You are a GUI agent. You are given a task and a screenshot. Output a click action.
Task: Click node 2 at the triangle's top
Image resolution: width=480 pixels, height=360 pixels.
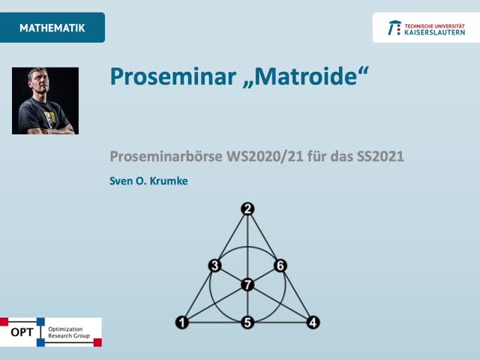pyautogui.click(x=248, y=209)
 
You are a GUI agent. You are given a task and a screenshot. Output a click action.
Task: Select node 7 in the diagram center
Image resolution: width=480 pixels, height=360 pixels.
pyautogui.click(x=247, y=284)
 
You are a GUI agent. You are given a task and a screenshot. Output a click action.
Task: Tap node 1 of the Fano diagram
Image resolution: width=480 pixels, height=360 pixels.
pyautogui.click(x=182, y=322)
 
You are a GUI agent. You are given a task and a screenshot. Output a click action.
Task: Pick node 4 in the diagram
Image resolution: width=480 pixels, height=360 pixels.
pyautogui.click(x=313, y=322)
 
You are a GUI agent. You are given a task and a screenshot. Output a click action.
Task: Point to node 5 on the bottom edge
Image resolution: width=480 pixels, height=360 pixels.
pyautogui.click(x=247, y=322)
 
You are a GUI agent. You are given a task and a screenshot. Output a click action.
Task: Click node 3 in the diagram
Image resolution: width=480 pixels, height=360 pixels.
pyautogui.click(x=214, y=265)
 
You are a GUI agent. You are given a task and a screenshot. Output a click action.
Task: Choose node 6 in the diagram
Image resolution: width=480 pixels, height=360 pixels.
pyautogui.click(x=280, y=265)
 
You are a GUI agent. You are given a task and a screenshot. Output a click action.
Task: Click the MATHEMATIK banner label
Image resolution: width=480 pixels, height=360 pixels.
pyautogui.click(x=52, y=28)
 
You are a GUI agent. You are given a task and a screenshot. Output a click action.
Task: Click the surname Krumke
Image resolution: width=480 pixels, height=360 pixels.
pyautogui.click(x=166, y=180)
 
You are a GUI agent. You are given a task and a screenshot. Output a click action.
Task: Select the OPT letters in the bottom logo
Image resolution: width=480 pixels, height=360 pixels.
pyautogui.click(x=22, y=331)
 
